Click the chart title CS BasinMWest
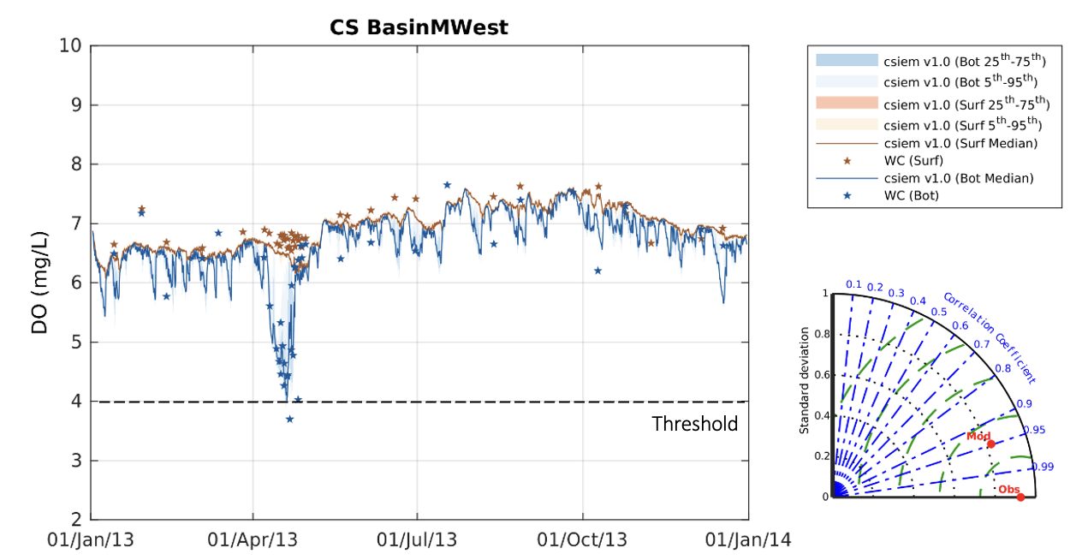[x=419, y=27]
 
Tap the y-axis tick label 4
[x=74, y=401]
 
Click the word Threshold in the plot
[x=694, y=424]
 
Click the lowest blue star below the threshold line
[x=289, y=419]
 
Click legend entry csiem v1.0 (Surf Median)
[x=960, y=143]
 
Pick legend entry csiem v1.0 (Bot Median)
[x=958, y=178]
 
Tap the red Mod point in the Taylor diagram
[x=991, y=444]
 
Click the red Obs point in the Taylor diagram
[x=1020, y=497]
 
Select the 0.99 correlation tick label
[x=1042, y=467]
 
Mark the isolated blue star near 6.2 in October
[x=597, y=271]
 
